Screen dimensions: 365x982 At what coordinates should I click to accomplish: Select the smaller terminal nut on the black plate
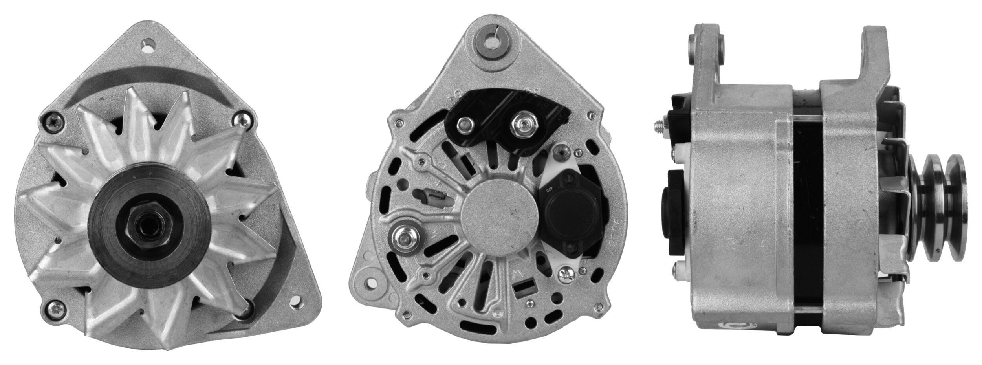tap(464, 126)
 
